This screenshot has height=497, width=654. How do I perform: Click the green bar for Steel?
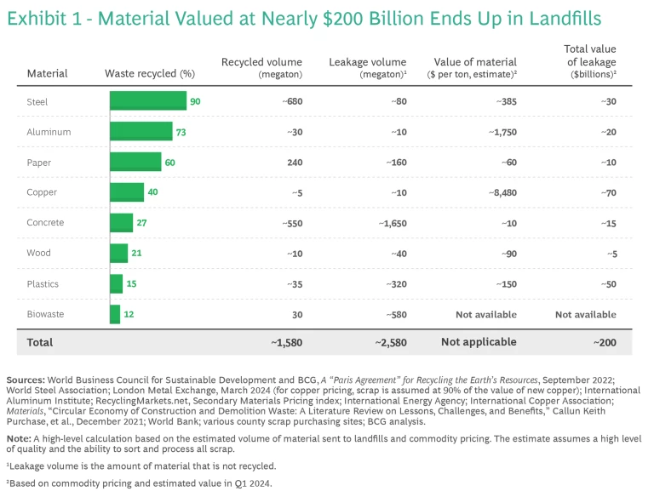point(147,101)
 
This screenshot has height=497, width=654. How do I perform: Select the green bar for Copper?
point(127,192)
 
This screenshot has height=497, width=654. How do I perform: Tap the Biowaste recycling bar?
point(115,314)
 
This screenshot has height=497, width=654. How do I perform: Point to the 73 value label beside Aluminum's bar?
point(181,132)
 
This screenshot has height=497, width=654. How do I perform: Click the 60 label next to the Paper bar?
point(169,162)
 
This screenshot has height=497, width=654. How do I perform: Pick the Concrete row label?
point(46,223)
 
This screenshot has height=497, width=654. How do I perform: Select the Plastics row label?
point(43,283)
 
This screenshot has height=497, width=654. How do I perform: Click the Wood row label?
point(38,253)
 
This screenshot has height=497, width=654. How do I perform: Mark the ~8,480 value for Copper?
point(498,192)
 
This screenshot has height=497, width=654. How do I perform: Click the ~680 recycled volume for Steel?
point(292,101)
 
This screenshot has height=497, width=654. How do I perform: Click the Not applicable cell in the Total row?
point(479,342)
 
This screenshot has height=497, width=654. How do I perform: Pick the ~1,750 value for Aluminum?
point(498,132)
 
